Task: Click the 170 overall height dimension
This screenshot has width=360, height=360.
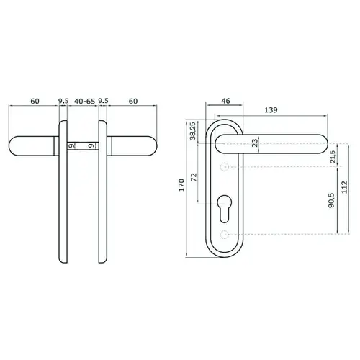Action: coord(182,185)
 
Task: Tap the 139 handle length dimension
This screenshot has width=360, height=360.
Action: coord(271,110)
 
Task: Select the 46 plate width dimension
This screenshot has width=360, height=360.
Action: coord(225,101)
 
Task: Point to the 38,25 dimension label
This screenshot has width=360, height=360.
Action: coord(193,131)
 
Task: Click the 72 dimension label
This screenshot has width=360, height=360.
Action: coord(194,177)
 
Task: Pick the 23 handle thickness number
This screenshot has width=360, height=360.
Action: coord(255,143)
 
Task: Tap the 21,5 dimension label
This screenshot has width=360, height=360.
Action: coord(333,157)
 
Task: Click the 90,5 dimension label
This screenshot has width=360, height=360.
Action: coord(331,200)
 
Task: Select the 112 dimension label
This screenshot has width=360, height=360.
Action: coord(345,187)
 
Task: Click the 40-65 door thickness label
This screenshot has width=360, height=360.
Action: coord(84,102)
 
